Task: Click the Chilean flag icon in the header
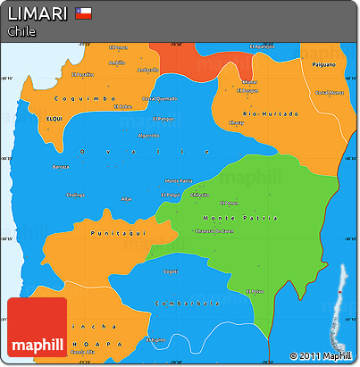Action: pos(84,13)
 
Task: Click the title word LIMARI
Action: pos(37,13)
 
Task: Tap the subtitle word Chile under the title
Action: pos(21,31)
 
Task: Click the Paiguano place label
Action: pos(322,64)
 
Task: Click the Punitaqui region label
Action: pos(113,232)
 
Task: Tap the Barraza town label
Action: pos(61,167)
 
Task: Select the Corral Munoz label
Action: pos(329,92)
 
